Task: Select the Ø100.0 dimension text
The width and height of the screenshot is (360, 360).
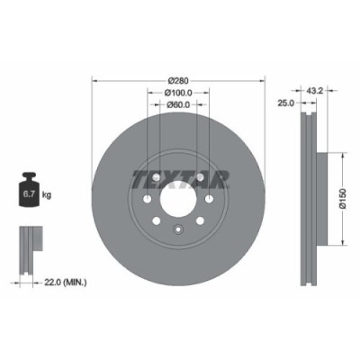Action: (178, 94)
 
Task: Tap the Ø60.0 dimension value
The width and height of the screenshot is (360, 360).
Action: (178, 105)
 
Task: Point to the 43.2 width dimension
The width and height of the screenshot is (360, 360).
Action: (315, 91)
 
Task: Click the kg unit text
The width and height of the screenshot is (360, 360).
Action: (46, 193)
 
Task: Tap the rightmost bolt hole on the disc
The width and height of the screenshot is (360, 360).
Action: (211, 200)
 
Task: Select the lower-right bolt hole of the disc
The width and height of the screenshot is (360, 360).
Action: (198, 223)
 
